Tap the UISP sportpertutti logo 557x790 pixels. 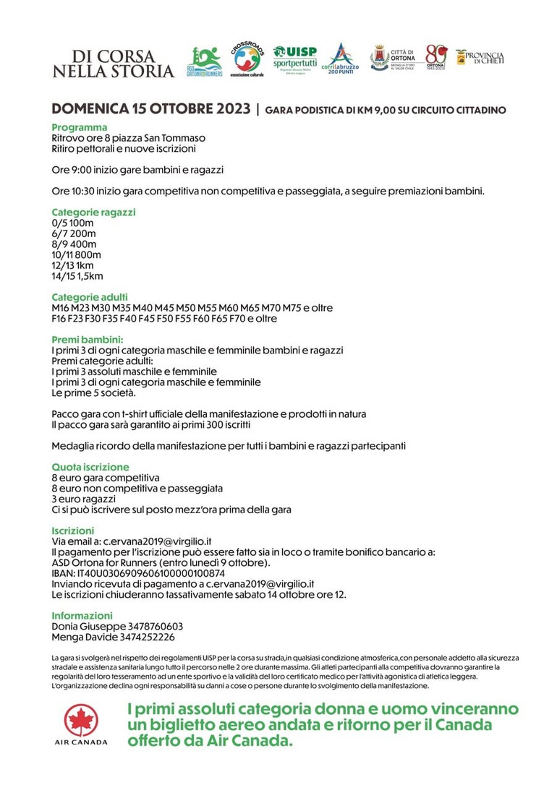click(x=295, y=57)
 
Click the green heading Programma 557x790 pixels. click(x=80, y=127)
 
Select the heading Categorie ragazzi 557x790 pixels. click(x=93, y=212)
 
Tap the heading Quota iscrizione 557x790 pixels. click(x=90, y=467)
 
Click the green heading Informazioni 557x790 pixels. click(x=82, y=615)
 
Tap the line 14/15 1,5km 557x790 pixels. click(x=77, y=275)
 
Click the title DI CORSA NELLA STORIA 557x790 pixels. click(x=114, y=64)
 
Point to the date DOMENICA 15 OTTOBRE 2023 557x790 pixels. click(x=150, y=110)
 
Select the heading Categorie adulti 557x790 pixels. click(x=90, y=297)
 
